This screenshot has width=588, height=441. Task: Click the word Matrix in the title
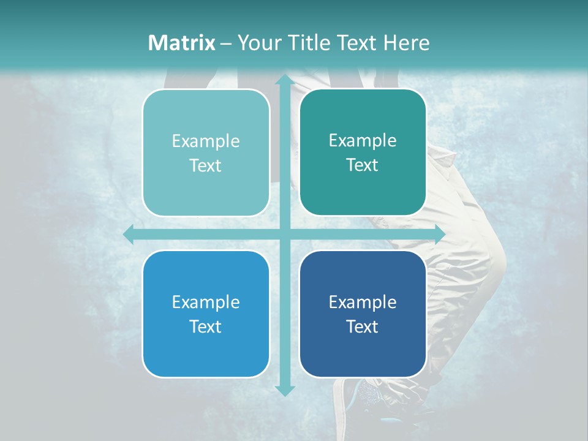click(x=182, y=43)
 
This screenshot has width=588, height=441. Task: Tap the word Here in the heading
click(x=407, y=43)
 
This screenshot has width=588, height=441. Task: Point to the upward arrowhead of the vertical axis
click(x=284, y=80)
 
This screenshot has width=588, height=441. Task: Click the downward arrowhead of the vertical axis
click(x=284, y=390)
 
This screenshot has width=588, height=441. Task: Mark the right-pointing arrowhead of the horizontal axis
click(x=439, y=235)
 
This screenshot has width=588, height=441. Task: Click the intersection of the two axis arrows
click(x=284, y=235)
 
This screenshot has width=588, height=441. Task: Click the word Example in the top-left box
click(x=206, y=141)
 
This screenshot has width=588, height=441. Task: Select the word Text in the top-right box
click(x=363, y=165)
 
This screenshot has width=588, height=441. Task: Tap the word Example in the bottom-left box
click(x=206, y=302)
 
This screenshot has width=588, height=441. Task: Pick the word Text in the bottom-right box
click(x=363, y=326)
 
